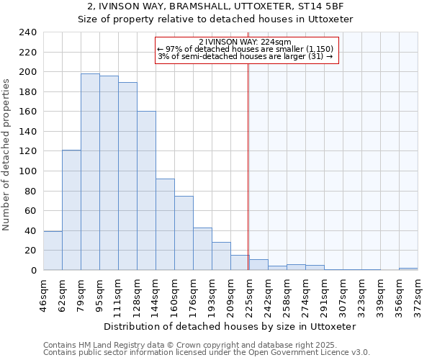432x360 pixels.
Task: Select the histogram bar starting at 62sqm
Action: tap(71, 210)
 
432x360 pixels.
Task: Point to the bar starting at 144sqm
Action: tap(165, 224)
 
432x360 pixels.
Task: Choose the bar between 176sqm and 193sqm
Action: tap(202, 249)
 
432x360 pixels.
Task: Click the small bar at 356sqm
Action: tap(408, 269)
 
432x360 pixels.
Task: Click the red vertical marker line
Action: tap(248, 166)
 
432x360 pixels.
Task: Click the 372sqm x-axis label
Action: tap(418, 293)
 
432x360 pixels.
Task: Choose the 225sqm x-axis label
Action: tap(250, 293)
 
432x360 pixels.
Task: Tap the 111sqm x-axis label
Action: tap(119, 293)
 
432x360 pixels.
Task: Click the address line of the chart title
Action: tap(215, 6)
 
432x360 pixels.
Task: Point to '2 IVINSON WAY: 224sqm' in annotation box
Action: tap(245, 42)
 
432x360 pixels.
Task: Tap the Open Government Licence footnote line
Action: tap(207, 353)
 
